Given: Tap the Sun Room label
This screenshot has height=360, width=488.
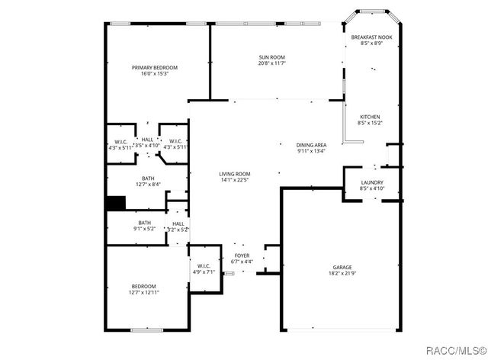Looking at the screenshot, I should [x=271, y=57].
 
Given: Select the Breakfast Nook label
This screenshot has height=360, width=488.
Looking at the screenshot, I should [x=371, y=37].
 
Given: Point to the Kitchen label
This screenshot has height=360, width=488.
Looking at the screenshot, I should [x=369, y=117].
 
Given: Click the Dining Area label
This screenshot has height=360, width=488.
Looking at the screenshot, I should [x=312, y=145].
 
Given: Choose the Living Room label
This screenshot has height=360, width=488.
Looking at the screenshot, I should [x=235, y=174].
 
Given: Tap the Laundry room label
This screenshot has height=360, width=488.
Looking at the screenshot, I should [x=372, y=182].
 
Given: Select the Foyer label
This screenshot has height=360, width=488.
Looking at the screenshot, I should [x=242, y=256].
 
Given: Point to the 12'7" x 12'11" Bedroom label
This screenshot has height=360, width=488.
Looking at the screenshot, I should [x=143, y=286].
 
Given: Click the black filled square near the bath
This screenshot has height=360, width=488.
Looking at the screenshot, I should [x=115, y=204].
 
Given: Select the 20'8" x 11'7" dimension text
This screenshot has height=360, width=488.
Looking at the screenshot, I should [x=271, y=63].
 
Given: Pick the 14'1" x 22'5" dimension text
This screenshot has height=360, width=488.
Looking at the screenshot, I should [x=235, y=180].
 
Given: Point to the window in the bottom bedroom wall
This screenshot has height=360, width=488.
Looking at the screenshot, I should [x=146, y=330].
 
